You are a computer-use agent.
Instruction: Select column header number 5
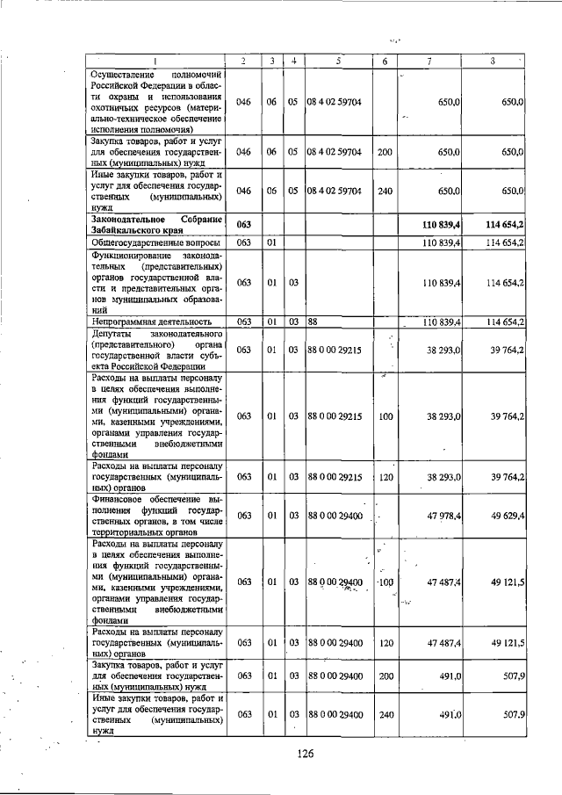[338, 61]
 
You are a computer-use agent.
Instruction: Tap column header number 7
[429, 61]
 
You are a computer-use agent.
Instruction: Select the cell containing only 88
[312, 322]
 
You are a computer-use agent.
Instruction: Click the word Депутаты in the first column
[112, 335]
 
